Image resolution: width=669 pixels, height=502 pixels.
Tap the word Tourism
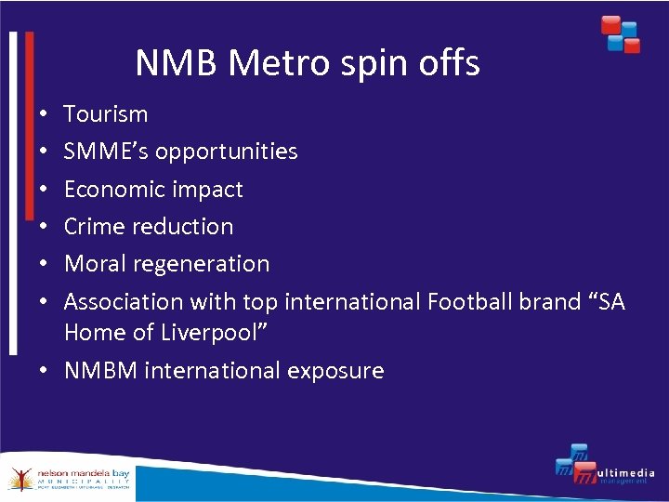(x=106, y=114)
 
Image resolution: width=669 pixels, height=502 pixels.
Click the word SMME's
(x=106, y=152)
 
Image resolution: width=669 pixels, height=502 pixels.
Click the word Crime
(x=93, y=227)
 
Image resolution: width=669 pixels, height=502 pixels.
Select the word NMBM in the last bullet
(x=100, y=371)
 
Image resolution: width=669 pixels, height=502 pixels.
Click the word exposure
(x=335, y=372)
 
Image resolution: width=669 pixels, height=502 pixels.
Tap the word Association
(x=124, y=302)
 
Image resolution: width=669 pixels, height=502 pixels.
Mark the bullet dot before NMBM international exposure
(x=46, y=371)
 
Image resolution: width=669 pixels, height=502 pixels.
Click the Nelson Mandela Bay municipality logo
(x=69, y=478)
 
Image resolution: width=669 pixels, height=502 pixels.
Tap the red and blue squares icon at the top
(x=620, y=33)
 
